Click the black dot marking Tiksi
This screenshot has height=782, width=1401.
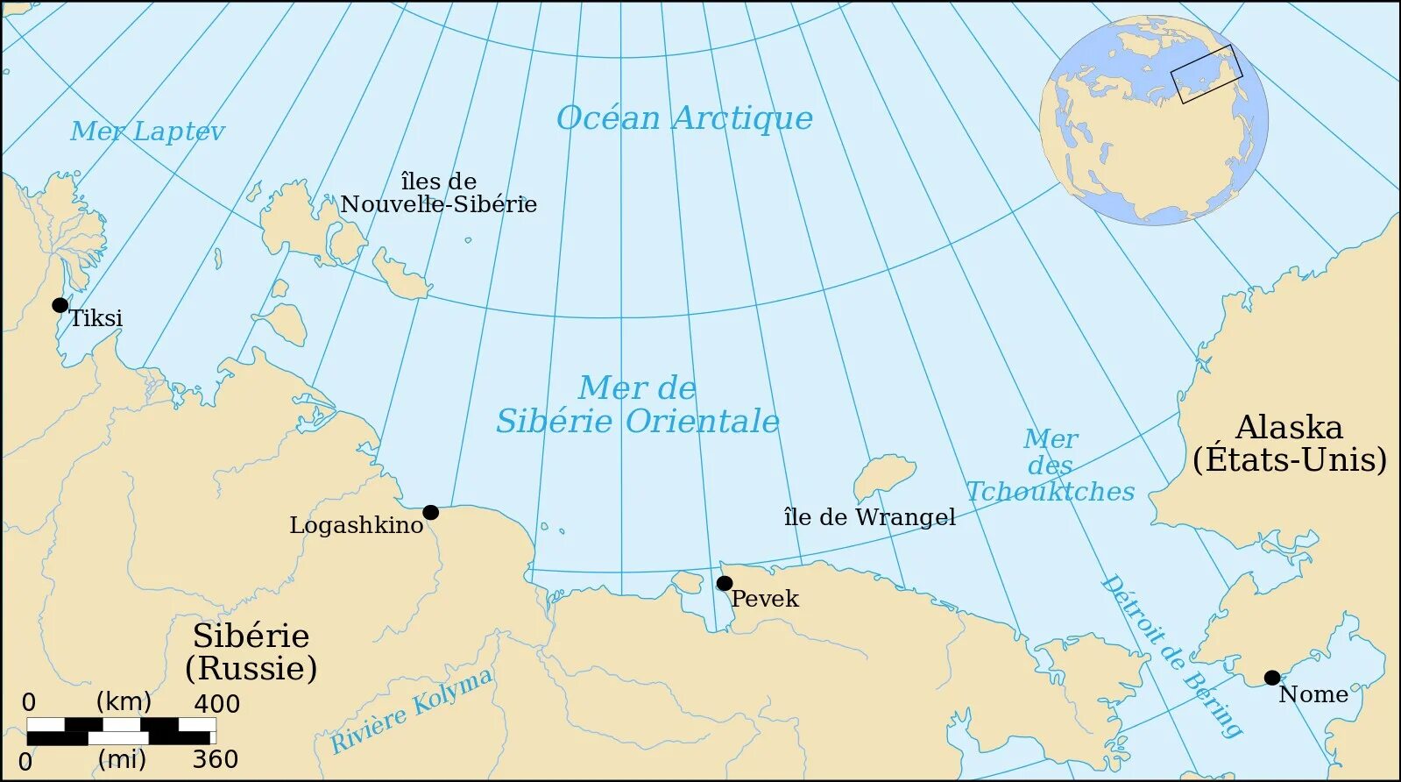click(60, 305)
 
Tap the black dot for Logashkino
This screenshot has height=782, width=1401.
click(430, 512)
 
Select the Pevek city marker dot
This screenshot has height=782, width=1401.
click(724, 583)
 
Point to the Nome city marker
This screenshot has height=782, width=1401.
click(1271, 677)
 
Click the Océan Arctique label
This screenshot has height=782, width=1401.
click(684, 118)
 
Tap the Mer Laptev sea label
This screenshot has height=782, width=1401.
click(147, 132)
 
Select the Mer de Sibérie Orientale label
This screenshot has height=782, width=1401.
click(637, 405)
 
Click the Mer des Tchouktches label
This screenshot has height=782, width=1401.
click(1050, 466)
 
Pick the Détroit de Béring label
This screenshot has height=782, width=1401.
click(1171, 656)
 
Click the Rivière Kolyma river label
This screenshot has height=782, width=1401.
click(411, 710)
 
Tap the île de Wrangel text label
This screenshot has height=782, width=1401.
click(869, 517)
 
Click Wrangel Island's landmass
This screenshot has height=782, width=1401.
click(882, 476)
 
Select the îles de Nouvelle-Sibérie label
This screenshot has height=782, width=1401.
click(438, 193)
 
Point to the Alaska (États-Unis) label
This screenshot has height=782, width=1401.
click(1289, 444)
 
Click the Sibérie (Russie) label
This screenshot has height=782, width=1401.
click(251, 651)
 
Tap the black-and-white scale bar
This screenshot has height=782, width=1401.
click(121, 731)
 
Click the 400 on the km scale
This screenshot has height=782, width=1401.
click(216, 704)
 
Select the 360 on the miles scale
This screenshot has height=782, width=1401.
click(215, 759)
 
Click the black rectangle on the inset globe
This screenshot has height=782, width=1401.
click(1206, 74)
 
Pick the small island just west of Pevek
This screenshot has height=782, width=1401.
click(687, 581)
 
